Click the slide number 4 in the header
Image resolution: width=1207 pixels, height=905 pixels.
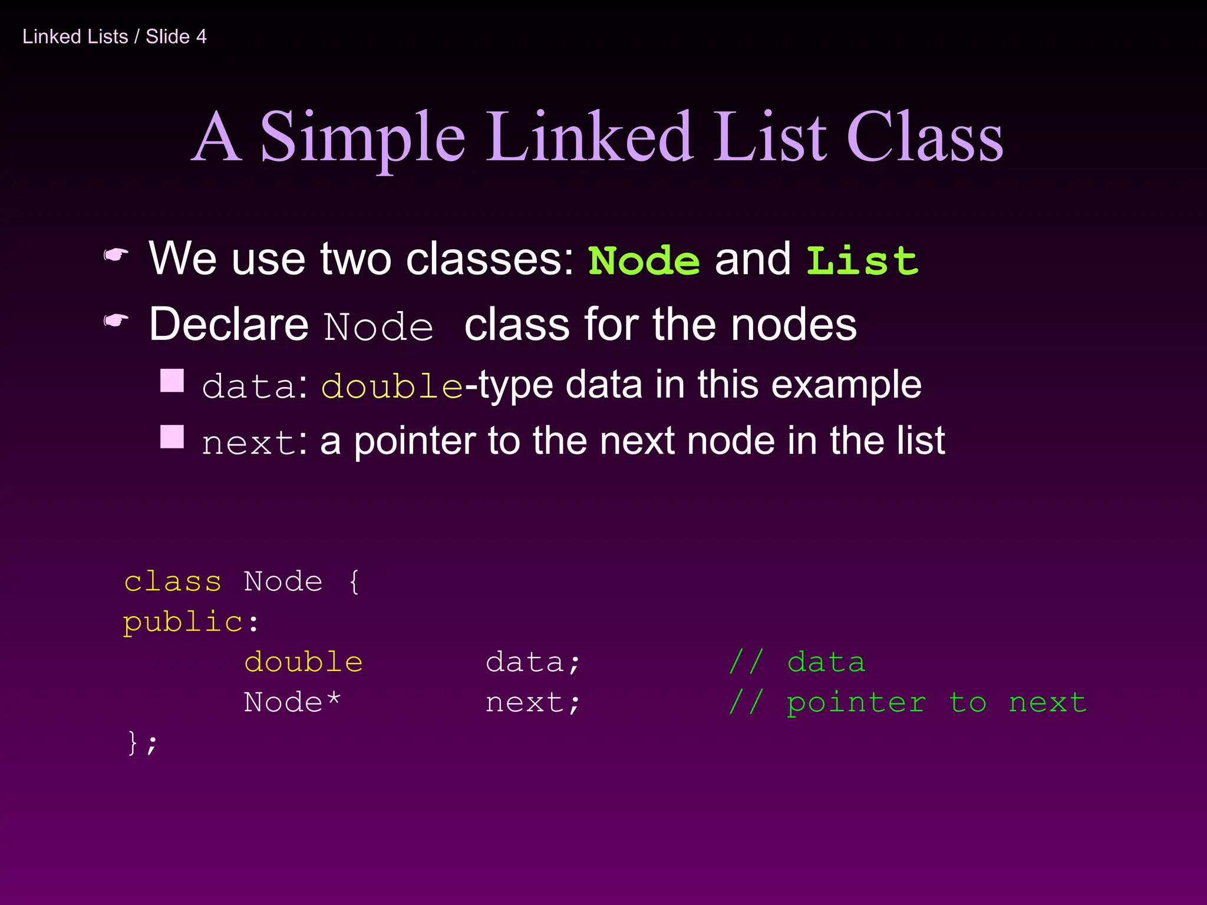(x=201, y=37)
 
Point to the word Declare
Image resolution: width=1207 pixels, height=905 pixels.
(x=229, y=324)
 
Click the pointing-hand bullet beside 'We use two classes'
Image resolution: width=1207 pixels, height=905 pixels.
(x=116, y=255)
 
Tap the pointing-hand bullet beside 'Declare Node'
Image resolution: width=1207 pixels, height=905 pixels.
(x=116, y=321)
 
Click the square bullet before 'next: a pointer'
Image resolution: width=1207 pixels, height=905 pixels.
(x=172, y=437)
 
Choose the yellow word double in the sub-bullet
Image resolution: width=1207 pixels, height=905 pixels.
(x=392, y=386)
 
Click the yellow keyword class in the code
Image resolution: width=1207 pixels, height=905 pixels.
(x=173, y=582)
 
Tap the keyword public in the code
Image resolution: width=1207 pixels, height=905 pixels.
(x=183, y=622)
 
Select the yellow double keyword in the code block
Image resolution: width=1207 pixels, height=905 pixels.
(x=304, y=662)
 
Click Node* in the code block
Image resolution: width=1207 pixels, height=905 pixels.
(x=292, y=702)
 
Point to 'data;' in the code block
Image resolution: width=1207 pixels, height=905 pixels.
(x=533, y=662)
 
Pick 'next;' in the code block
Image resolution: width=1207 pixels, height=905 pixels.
(x=533, y=702)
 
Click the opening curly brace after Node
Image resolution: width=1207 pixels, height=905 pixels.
(x=354, y=582)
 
